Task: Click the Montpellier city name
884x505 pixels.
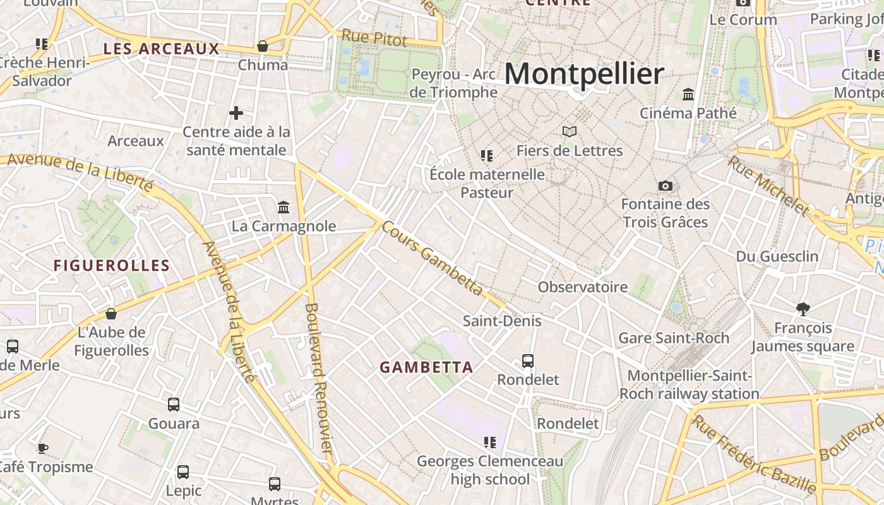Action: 583,74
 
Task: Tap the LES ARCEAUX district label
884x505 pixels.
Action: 162,49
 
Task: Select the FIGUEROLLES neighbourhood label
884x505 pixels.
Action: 112,266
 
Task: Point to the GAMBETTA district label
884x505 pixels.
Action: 426,367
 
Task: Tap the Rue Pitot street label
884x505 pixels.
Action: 374,37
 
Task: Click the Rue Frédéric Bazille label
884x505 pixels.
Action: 754,453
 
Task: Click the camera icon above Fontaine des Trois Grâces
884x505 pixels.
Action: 665,186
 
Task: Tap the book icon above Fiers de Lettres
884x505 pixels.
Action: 570,132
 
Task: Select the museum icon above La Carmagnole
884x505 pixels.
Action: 284,207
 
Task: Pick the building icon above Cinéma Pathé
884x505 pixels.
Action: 688,95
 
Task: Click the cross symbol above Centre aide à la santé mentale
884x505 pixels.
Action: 236,113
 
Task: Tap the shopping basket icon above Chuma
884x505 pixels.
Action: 263,46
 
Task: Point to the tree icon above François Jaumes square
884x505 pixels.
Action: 803,309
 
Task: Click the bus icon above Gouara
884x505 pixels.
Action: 174,405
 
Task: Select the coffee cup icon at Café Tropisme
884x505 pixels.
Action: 42,448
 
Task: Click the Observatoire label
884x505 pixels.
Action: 582,287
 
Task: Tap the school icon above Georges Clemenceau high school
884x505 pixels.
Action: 489,443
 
